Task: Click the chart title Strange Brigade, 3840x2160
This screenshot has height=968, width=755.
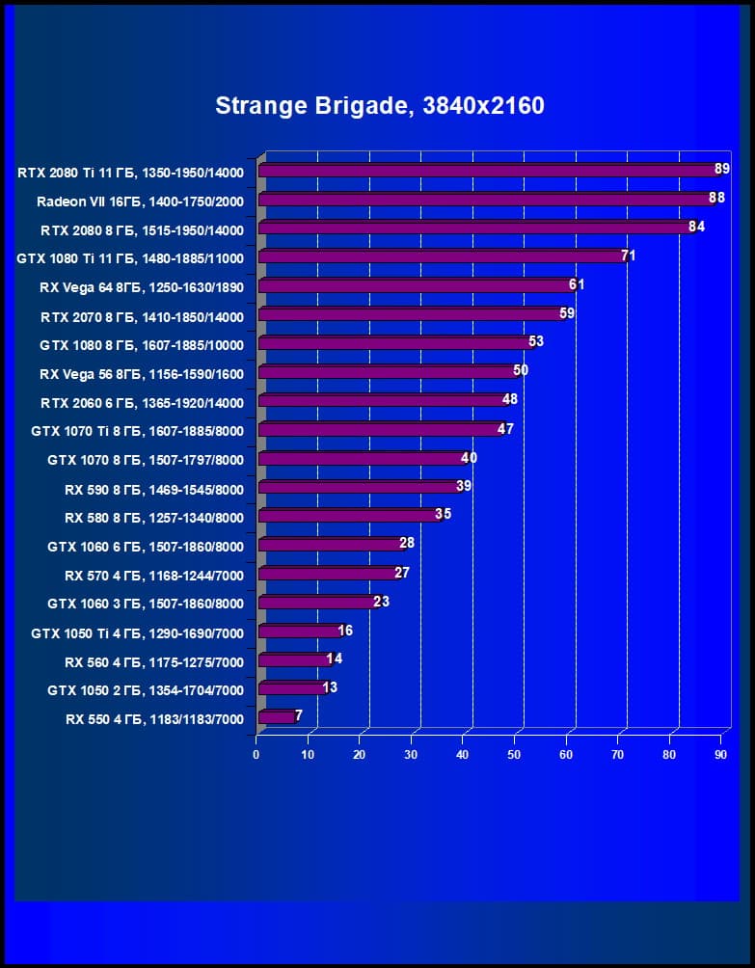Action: pos(380,105)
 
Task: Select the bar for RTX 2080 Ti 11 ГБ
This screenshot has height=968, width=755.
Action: pos(487,171)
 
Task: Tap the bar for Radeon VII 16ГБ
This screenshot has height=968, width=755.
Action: pos(484,200)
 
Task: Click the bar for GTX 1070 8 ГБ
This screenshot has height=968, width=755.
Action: pos(361,459)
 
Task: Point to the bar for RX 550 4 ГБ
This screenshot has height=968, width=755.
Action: pos(276,717)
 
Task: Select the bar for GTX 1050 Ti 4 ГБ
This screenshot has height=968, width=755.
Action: pos(299,632)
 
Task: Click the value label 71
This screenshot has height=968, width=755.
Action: pos(628,255)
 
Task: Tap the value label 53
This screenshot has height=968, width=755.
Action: pos(536,341)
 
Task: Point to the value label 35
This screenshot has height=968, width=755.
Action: pos(443,514)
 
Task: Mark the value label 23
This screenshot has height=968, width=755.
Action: pos(381,601)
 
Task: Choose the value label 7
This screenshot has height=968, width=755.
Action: pos(299,715)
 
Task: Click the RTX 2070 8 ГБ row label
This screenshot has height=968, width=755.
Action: pos(142,316)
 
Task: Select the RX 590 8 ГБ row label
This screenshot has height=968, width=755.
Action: pos(154,489)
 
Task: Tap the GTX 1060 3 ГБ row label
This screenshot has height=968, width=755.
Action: pos(146,604)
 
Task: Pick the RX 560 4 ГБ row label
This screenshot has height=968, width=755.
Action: pos(154,661)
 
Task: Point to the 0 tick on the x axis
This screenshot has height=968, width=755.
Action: pos(256,755)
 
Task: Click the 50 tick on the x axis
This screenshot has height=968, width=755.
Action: pos(514,755)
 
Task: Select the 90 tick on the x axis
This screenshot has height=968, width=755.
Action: pos(720,755)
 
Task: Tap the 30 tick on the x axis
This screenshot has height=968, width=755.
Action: pos(411,755)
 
